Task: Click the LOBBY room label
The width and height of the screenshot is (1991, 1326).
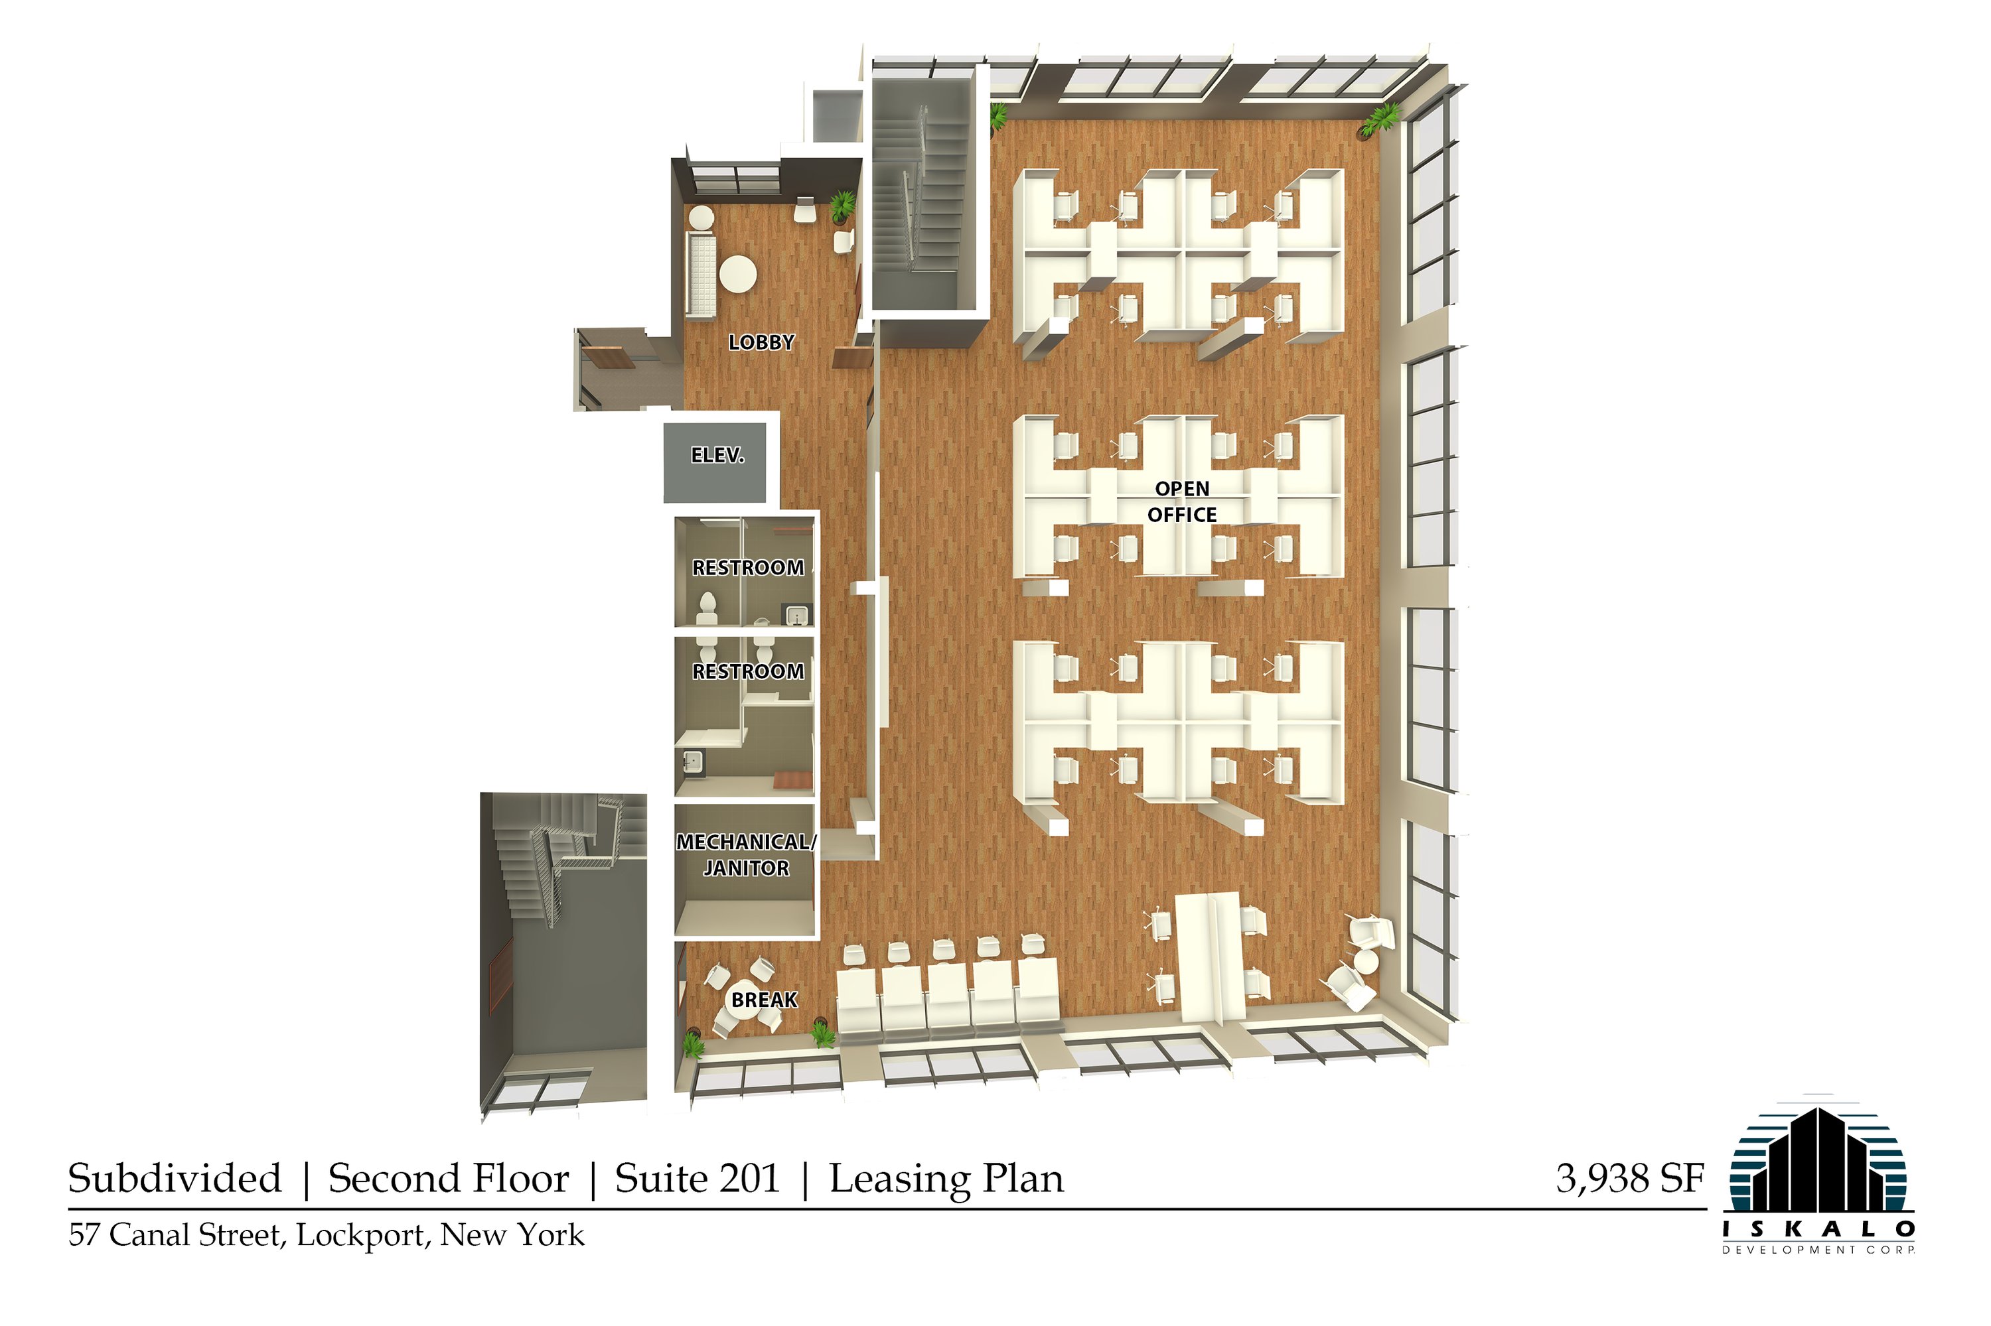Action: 761,342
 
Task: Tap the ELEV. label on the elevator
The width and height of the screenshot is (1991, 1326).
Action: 717,455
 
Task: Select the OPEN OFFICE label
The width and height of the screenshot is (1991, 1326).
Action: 1182,501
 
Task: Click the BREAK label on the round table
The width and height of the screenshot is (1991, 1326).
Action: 764,1000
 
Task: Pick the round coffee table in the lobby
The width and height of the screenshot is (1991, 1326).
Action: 738,274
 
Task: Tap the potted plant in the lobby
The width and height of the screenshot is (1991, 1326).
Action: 842,206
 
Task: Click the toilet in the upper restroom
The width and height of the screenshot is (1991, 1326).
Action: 707,606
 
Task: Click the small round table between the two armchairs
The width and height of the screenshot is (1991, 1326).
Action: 1366,962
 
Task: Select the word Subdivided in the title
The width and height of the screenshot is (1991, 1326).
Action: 175,1178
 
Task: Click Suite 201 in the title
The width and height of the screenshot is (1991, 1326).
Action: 698,1178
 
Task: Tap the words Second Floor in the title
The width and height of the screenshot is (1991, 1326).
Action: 449,1178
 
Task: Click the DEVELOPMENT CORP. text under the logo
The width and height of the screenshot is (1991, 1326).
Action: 1819,1249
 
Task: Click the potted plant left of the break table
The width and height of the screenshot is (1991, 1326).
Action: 693,1045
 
